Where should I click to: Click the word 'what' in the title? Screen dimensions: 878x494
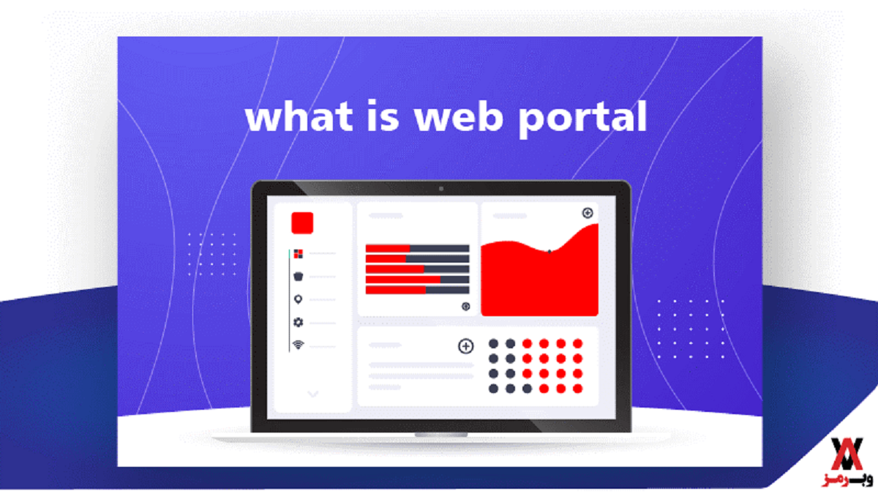pyautogui.click(x=299, y=116)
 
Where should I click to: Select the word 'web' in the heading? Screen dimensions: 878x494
pyautogui.click(x=459, y=116)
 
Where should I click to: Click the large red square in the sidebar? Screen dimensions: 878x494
pyautogui.click(x=302, y=223)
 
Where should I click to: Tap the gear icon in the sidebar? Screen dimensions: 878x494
pyautogui.click(x=299, y=322)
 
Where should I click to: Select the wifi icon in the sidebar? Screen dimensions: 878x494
pyautogui.click(x=299, y=345)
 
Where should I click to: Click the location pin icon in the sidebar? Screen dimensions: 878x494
pyautogui.click(x=298, y=299)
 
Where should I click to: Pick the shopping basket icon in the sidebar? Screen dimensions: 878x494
pyautogui.click(x=299, y=277)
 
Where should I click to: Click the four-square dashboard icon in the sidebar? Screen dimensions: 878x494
pyautogui.click(x=299, y=254)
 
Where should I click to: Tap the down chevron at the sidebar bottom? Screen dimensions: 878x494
pyautogui.click(x=313, y=394)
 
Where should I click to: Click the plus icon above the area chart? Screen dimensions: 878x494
pyautogui.click(x=587, y=213)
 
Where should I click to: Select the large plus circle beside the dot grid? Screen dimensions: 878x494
pyautogui.click(x=465, y=346)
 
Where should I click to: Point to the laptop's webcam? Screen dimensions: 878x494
pyautogui.click(x=441, y=189)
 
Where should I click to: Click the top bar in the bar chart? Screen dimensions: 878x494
pyautogui.click(x=418, y=248)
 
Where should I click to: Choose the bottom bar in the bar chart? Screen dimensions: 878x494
pyautogui.click(x=418, y=290)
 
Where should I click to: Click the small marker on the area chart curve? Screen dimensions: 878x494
pyautogui.click(x=549, y=252)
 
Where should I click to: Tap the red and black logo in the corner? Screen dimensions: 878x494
pyautogui.click(x=847, y=462)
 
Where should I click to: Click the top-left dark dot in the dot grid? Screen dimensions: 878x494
pyautogui.click(x=493, y=344)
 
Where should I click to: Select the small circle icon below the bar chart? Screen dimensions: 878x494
pyautogui.click(x=465, y=307)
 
